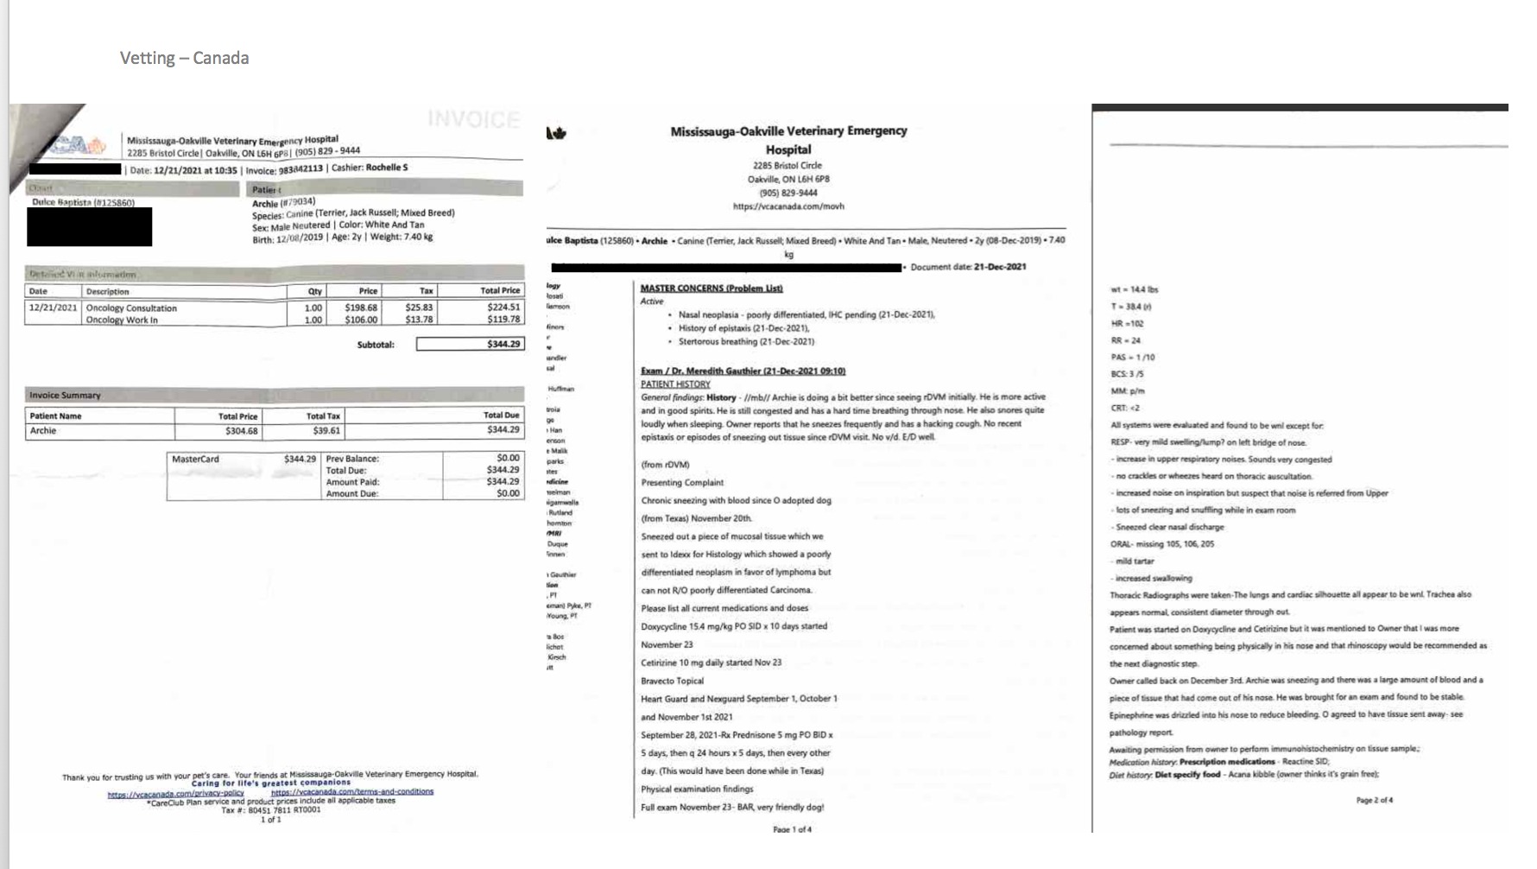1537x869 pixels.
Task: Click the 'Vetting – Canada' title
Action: [184, 58]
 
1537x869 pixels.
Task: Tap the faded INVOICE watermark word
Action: [474, 119]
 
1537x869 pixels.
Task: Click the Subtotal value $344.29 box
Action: [469, 344]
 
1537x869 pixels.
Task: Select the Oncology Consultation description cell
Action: [131, 308]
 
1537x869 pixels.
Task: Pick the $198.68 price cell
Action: [361, 308]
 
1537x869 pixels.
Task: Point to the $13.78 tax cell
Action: [419, 320]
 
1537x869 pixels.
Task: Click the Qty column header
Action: [315, 291]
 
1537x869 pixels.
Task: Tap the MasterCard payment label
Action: [196, 459]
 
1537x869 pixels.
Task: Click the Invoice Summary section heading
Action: [66, 395]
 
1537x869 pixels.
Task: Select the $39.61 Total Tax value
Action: [326, 430]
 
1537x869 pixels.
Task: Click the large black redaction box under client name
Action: [89, 226]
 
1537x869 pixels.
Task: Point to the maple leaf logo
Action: [556, 133]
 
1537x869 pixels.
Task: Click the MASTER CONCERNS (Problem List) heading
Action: [712, 288]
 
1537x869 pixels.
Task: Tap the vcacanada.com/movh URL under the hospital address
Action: [788, 206]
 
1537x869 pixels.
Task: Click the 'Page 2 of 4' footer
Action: [1374, 800]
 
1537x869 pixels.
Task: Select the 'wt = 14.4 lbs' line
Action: [1134, 289]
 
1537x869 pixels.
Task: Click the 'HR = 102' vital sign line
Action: [1127, 323]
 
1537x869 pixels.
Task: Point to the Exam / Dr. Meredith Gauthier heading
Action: [743, 371]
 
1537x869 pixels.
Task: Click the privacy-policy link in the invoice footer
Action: [175, 792]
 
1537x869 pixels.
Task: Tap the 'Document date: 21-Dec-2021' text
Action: [968, 267]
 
